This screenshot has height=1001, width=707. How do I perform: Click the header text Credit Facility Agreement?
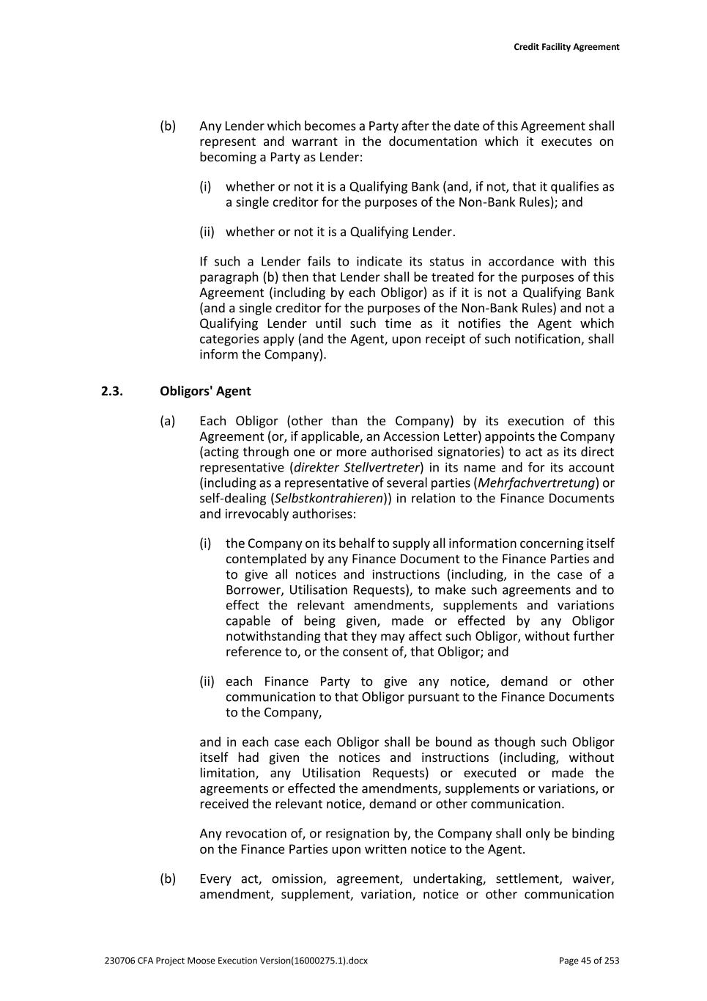pos(566,47)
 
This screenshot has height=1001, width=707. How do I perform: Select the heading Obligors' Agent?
pos(205,391)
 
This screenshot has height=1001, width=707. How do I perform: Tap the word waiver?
pos(593,879)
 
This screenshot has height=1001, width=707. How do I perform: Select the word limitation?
pos(229,774)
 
